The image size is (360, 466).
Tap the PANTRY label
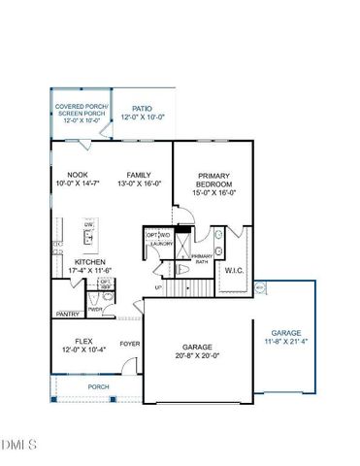click(x=68, y=314)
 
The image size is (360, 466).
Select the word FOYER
click(x=129, y=344)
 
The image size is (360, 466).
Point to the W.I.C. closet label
click(x=235, y=271)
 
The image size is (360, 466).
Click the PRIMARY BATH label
click(x=201, y=258)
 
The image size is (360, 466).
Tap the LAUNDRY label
click(x=160, y=245)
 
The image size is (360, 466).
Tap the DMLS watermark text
click(x=19, y=446)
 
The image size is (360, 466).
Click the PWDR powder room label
click(x=94, y=309)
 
